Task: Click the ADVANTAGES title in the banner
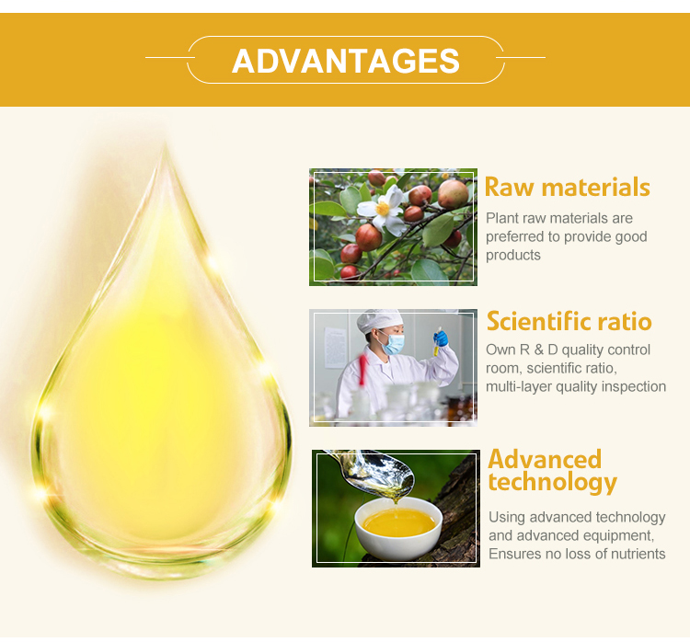345,61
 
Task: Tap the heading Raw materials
567,188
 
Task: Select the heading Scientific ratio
569,322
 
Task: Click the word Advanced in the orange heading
545,459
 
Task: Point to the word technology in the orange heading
552,482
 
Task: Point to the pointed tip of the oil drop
167,147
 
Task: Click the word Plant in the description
502,219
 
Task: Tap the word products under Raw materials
513,255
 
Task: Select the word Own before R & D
501,350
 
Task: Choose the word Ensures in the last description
515,554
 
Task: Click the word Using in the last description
506,517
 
